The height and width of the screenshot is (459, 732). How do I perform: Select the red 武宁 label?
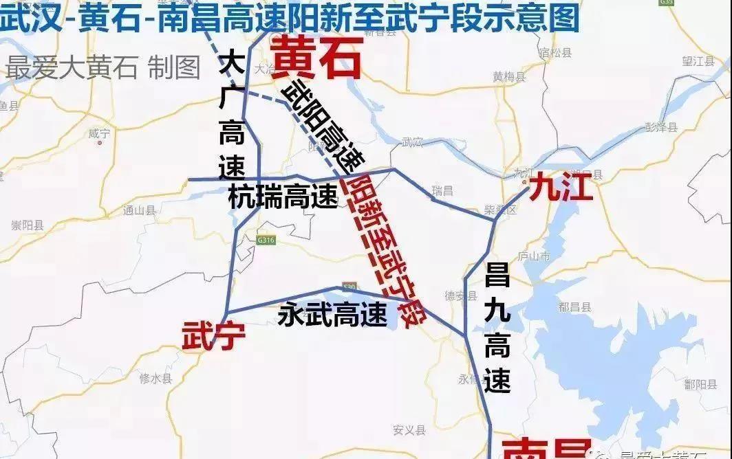coord(213,338)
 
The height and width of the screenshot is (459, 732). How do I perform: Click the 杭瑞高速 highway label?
coord(283,199)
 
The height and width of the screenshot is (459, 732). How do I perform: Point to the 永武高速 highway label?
coord(332,315)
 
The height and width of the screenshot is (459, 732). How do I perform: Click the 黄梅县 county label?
coord(509,77)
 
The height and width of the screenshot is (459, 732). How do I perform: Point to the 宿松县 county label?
coord(556,52)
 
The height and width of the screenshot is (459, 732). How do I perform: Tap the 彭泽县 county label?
coord(660,127)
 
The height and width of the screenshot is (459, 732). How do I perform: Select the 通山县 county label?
coord(140,211)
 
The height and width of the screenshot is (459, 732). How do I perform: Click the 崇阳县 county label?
coord(28,225)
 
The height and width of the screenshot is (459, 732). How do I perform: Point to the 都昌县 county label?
coord(575,307)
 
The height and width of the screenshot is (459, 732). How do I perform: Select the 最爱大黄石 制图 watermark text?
coord(103,69)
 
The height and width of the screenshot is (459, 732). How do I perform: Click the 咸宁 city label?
coord(100,133)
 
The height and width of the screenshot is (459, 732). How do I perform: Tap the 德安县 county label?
coord(461,296)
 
